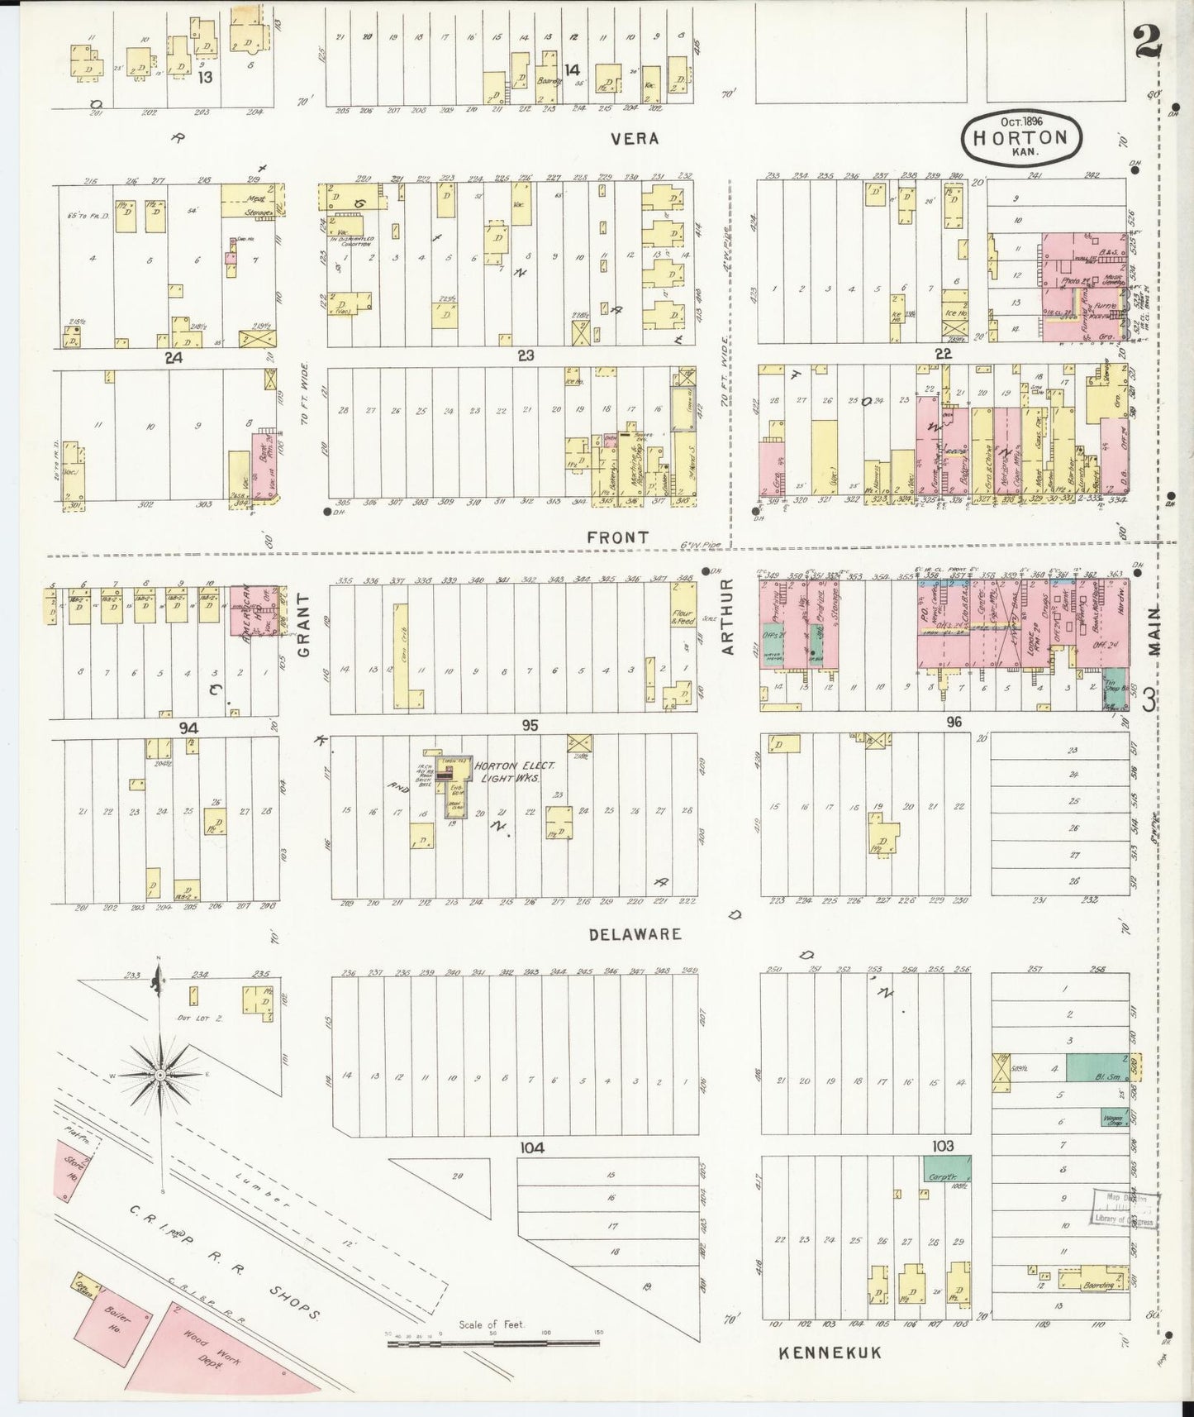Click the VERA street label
[635, 139]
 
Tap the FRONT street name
[617, 537]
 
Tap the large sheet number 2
[1148, 40]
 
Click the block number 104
[532, 1147]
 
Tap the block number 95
[529, 725]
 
